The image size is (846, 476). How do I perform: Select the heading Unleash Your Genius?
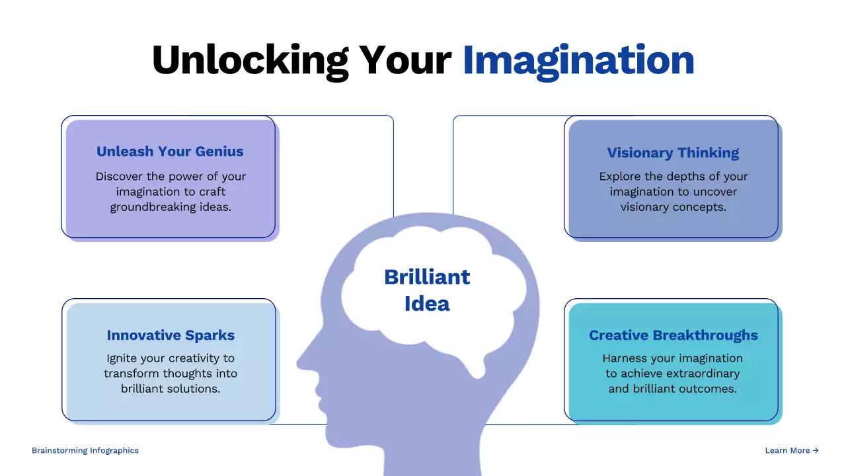170,151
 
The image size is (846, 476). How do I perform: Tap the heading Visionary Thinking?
673,153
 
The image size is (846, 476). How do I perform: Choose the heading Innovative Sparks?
171,335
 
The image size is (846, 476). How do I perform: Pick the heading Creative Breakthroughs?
673,335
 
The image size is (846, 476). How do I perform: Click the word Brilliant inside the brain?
427,276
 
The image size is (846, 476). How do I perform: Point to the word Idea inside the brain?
427,304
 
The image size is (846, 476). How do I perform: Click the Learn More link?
787,450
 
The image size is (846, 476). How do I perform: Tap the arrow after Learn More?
816,450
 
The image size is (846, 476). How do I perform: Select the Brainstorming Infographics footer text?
85,450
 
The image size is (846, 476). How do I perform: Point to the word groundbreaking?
153,207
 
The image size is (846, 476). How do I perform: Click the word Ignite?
122,358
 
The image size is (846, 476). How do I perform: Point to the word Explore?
621,177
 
